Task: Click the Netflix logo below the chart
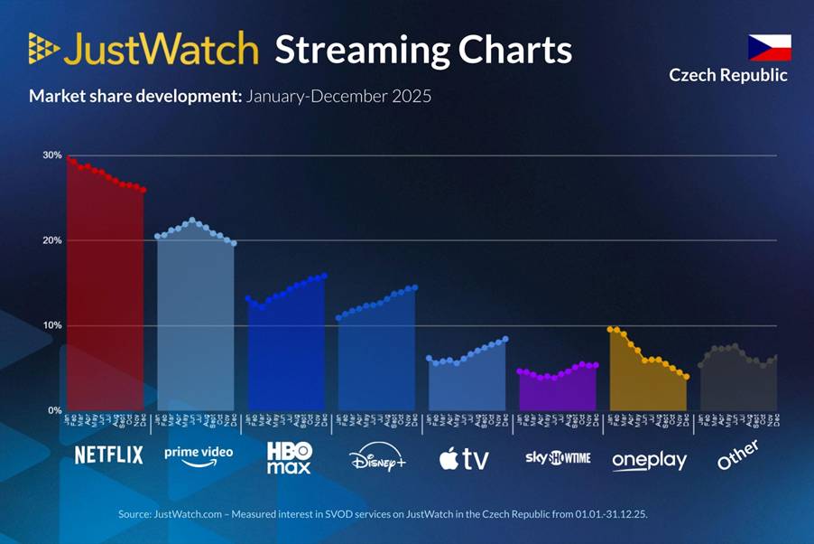[108, 455]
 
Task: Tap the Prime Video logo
[199, 455]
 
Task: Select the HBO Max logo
[289, 457]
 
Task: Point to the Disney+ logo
[378, 458]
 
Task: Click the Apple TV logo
[464, 458]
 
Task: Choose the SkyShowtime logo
[558, 457]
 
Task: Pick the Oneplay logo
[649, 460]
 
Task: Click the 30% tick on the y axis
[51, 155]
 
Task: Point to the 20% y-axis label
[51, 240]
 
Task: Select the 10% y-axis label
[51, 325]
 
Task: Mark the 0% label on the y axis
[54, 410]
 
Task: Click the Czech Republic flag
[769, 48]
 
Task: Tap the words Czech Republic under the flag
[728, 75]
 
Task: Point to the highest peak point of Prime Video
[191, 220]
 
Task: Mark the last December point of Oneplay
[687, 377]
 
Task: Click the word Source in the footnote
[134, 514]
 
